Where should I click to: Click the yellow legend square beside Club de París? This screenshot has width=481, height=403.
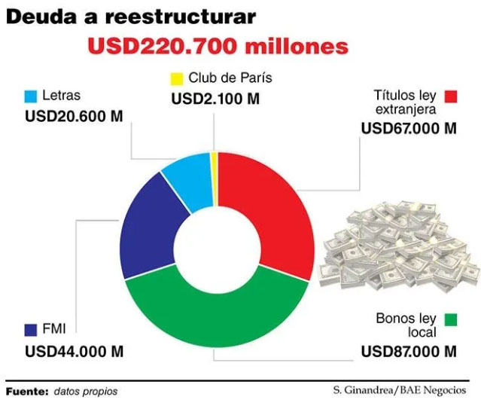point(177,78)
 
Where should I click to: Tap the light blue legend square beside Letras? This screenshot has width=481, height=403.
point(31,96)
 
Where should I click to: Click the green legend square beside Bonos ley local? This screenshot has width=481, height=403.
point(451,320)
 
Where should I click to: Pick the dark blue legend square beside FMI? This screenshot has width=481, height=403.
point(31,329)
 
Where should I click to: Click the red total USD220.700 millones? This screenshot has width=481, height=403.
point(218,46)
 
